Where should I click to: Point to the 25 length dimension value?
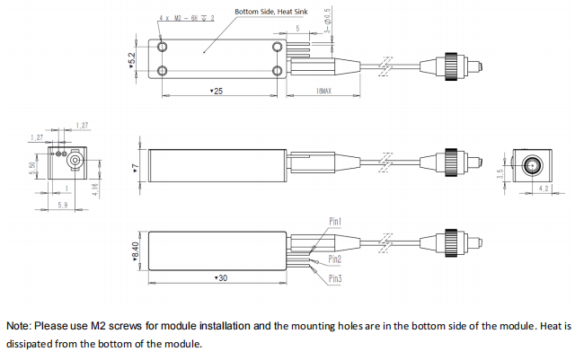click(216, 92)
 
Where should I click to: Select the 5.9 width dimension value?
click(62, 206)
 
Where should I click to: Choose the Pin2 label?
click(334, 259)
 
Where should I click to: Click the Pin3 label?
click(334, 278)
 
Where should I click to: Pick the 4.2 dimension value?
click(543, 189)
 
